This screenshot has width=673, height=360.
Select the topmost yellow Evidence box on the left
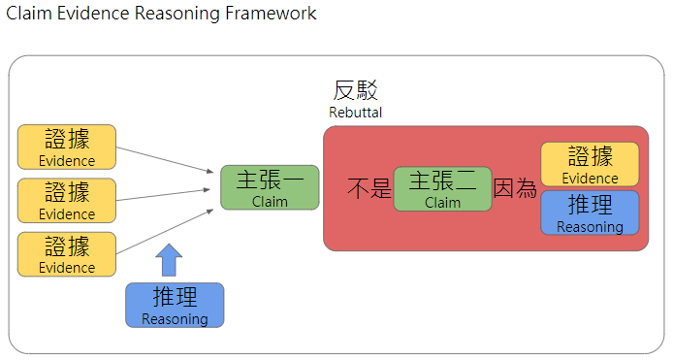pos(67,147)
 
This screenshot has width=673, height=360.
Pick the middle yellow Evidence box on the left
pos(67,200)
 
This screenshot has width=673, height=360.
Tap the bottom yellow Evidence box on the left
pos(67,254)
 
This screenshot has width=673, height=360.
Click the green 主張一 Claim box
pos(256,187)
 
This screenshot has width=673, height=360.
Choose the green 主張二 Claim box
pos(442,188)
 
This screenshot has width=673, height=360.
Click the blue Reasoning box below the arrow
pos(175,305)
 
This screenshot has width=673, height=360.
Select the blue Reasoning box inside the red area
pos(590,213)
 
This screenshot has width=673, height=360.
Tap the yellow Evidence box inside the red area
pos(590,164)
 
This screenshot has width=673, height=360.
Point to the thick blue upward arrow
pos(169,260)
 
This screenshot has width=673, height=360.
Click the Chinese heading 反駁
pos(355,91)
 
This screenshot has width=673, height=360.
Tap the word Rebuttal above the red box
pos(355,113)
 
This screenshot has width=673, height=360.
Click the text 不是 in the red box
pos(369,189)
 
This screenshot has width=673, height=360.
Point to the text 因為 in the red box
pos(515,189)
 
